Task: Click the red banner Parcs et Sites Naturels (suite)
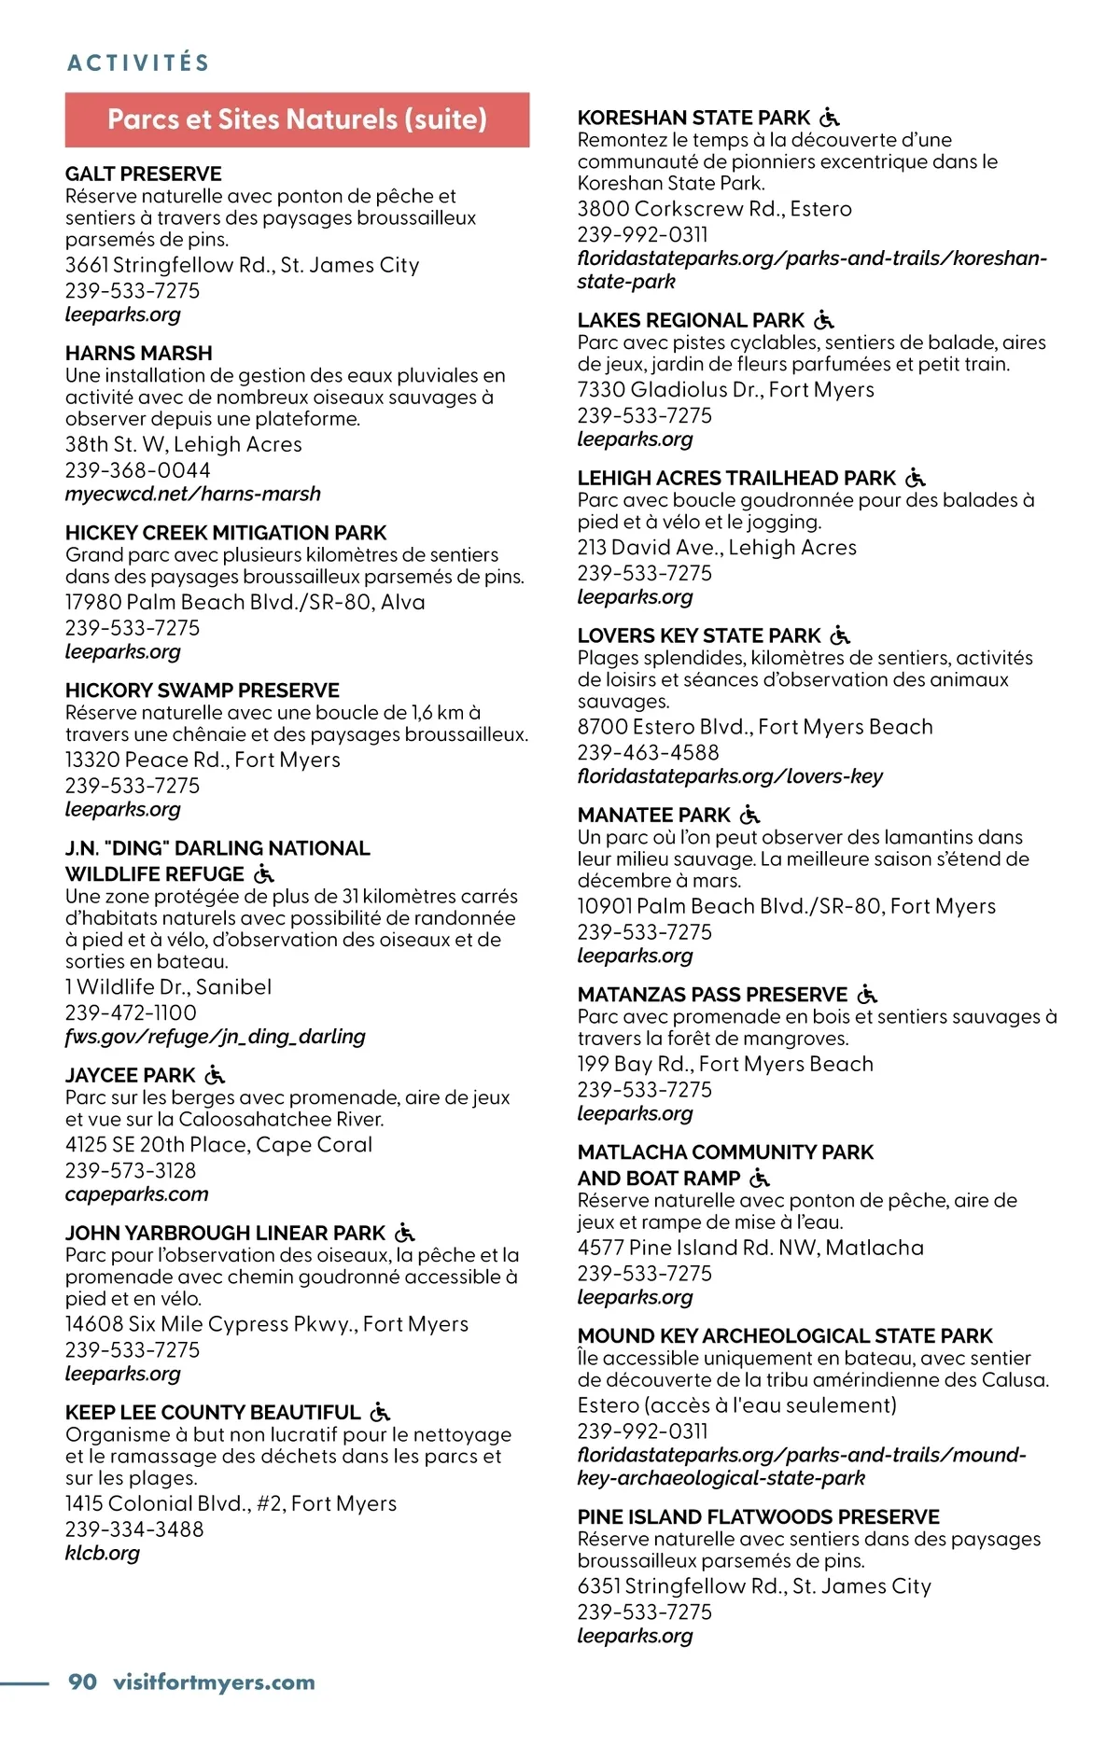tap(297, 119)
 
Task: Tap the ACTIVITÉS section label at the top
tap(138, 63)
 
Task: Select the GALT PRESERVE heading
tap(144, 174)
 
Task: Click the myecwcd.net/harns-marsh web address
tap(193, 494)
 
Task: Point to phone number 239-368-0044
tap(138, 470)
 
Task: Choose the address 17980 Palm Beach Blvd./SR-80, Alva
tap(245, 602)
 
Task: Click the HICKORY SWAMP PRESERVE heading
tap(203, 691)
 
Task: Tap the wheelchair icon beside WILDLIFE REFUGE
tap(265, 874)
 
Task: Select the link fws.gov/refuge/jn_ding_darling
tap(216, 1036)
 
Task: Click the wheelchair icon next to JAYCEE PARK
tap(216, 1075)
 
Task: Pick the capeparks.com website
tap(137, 1194)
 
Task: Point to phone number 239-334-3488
tap(134, 1529)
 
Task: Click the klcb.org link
tap(103, 1553)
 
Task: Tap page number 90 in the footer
tap(83, 1682)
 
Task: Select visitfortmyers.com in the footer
tap(214, 1682)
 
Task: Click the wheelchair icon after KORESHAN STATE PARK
tap(830, 118)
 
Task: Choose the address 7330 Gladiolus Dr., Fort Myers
tap(726, 389)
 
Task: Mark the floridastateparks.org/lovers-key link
tap(730, 775)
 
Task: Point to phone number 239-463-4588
tap(649, 752)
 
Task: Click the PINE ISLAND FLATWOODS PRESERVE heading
tap(759, 1517)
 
